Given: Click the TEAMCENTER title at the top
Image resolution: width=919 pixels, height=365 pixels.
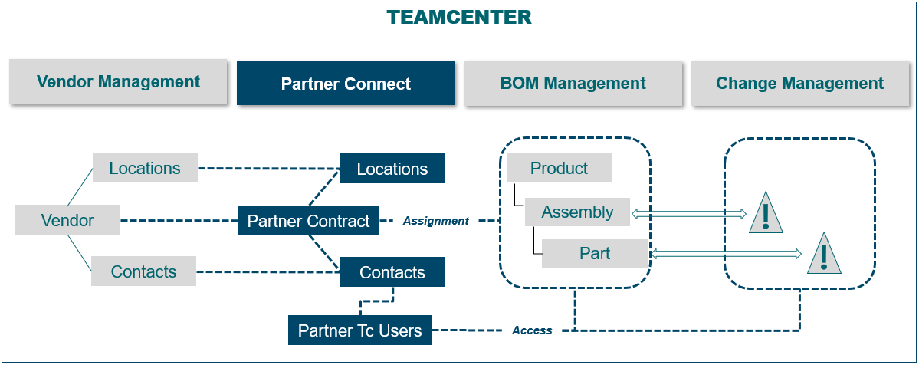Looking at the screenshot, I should pos(459,17).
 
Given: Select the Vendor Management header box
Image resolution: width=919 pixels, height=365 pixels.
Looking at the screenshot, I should pos(118,82).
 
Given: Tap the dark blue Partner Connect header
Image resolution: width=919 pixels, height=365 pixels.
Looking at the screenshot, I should pos(346,84).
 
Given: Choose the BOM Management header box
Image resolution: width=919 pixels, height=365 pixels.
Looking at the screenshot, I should pos(573,84).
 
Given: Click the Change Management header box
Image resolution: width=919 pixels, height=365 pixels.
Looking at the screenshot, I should pos(799,84).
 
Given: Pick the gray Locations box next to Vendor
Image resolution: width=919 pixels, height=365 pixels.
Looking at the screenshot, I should pos(145,168).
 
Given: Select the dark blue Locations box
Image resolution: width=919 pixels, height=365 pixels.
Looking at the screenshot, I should pos(392,169).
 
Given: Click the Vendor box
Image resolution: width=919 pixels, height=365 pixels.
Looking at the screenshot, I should pos(67,221).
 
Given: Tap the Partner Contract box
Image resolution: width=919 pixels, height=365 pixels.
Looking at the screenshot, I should pos(308,222).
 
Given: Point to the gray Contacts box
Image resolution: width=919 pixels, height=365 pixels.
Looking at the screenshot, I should pos(143,271).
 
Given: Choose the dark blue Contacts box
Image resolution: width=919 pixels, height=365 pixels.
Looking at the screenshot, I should pos(392,272).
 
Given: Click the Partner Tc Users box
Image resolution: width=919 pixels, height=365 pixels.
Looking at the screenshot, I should pos(359,331).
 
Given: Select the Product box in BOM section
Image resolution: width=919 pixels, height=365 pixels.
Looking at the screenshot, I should pos(559,168).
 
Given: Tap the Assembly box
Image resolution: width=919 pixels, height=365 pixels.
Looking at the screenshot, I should pos(577,212).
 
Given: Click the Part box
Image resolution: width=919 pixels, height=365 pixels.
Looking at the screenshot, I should pos(595,253).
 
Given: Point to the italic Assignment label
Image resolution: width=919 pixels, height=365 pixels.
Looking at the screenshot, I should pos(435,221).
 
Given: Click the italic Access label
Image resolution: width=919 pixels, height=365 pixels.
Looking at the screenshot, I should pos(532,330).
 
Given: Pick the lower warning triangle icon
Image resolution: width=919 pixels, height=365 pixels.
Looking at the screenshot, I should pos(824,255).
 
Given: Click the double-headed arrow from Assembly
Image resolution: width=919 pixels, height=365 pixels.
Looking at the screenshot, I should pos(688,212).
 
